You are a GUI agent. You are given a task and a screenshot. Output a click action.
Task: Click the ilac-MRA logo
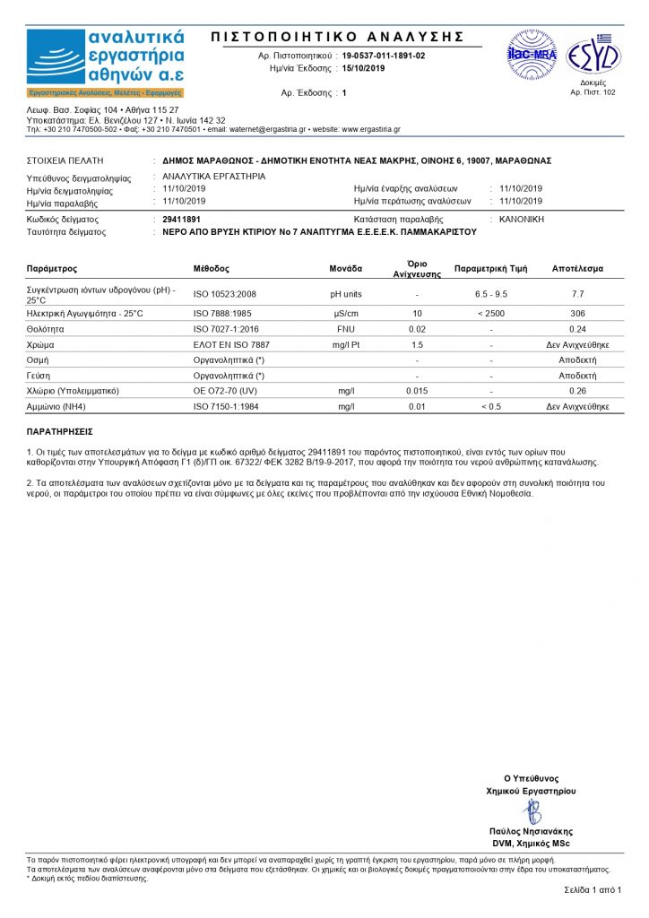tap(532, 55)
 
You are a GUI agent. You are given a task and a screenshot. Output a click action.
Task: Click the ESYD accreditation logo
tap(593, 56)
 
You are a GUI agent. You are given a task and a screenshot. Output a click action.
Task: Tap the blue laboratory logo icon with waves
tap(55, 56)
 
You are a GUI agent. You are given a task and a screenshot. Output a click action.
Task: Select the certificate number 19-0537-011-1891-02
tap(383, 56)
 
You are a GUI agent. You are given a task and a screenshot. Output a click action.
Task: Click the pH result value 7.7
tap(577, 294)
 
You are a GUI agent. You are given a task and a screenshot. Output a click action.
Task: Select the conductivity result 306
tap(577, 313)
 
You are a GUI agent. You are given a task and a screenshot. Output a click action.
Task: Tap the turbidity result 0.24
tap(577, 329)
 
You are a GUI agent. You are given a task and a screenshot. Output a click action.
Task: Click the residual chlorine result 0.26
tap(577, 391)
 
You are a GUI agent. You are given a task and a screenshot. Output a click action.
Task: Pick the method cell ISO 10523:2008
tap(225, 294)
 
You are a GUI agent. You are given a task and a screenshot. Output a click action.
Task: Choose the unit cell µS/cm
tap(346, 313)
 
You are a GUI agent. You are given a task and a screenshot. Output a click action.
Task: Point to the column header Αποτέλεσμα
tap(577, 269)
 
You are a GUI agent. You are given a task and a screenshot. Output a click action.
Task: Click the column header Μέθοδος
tap(212, 269)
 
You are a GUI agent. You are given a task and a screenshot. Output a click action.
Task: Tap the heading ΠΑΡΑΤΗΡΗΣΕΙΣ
tap(60, 431)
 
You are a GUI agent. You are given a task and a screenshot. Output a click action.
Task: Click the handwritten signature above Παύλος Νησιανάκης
tap(532, 811)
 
